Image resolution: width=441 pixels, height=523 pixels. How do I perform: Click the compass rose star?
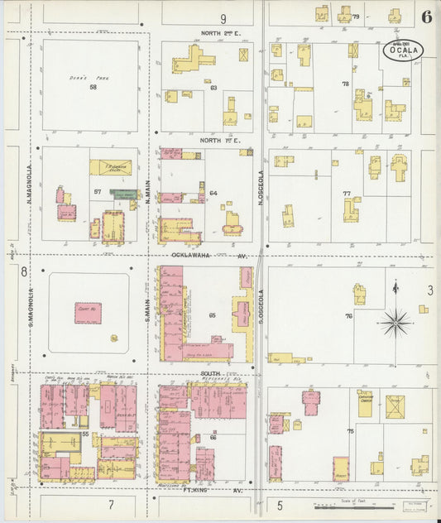click(x=396, y=322)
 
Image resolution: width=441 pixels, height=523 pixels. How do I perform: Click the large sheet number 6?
click(x=425, y=17)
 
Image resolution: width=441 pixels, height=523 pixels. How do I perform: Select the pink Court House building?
click(x=89, y=312)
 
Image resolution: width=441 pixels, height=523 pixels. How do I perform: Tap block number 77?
click(x=348, y=193)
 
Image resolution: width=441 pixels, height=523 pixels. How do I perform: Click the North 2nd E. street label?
click(x=219, y=33)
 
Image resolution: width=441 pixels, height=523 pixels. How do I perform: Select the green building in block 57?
click(x=124, y=194)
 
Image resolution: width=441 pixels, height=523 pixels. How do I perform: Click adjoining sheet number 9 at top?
click(x=223, y=18)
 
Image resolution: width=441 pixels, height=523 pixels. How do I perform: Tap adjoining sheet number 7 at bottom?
click(x=110, y=504)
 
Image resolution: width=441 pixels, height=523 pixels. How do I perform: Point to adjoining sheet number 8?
click(x=23, y=271)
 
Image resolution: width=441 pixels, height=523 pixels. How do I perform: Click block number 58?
click(x=93, y=87)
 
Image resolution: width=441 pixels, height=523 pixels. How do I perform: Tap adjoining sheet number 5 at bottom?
click(x=280, y=505)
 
